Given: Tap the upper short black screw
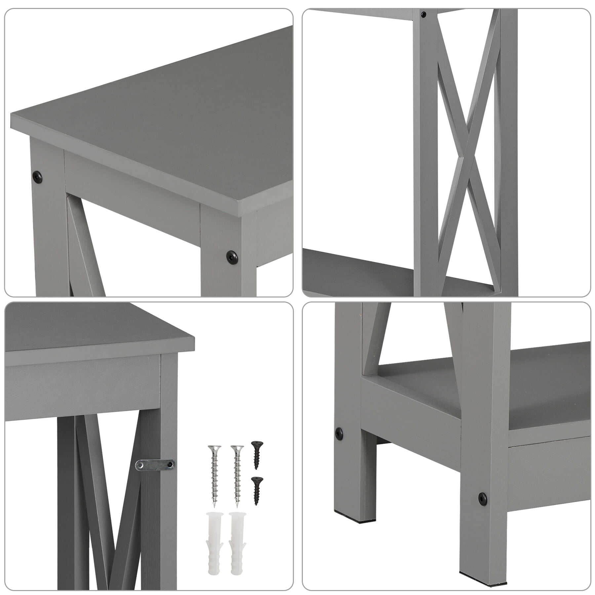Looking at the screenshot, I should (256, 455).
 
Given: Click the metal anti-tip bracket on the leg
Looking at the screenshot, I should (155, 464).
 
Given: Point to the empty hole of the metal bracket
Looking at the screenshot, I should (140, 465).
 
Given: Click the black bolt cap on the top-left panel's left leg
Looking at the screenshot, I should (38, 177).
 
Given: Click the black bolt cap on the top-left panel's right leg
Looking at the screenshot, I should (232, 255).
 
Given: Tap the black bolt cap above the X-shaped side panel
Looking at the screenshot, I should (423, 14).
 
